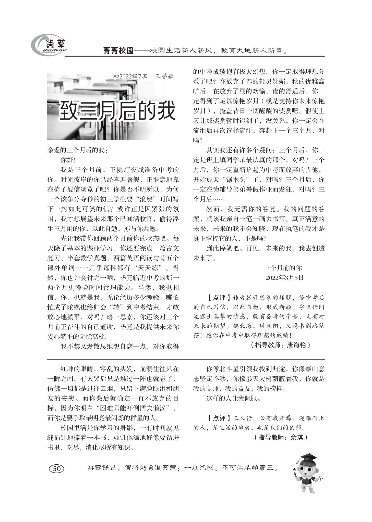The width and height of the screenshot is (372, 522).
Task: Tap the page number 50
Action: pyautogui.click(x=56, y=469)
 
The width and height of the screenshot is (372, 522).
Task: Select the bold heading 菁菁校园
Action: pyautogui.click(x=118, y=50)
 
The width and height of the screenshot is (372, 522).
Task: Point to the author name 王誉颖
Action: pyautogui.click(x=164, y=76)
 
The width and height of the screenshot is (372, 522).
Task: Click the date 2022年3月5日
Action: pyautogui.click(x=284, y=278)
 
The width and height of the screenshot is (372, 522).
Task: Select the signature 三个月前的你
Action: pyautogui.click(x=283, y=268)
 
